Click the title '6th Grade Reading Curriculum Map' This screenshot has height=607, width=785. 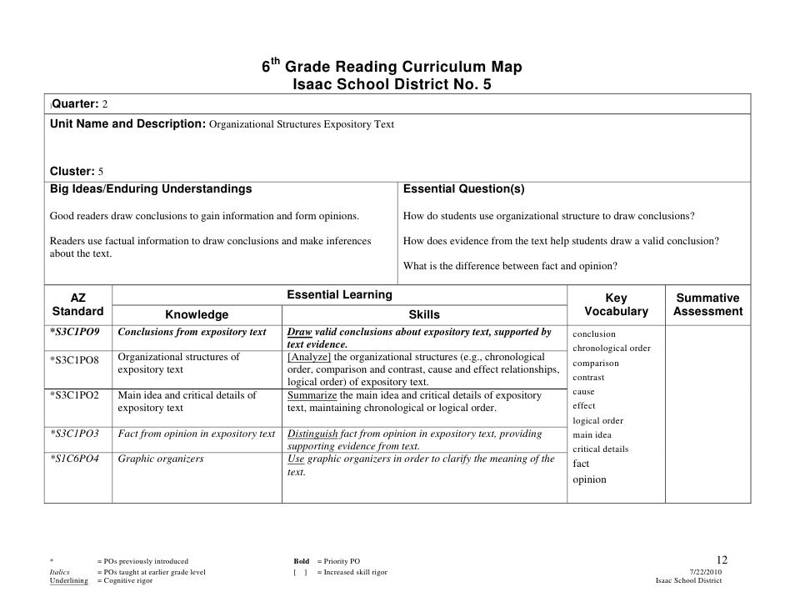point(392,67)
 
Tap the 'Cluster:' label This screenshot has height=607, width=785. point(67,172)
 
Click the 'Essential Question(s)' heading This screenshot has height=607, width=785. point(463,189)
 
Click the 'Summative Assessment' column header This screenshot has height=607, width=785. point(707,304)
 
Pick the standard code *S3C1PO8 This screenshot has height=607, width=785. point(75,359)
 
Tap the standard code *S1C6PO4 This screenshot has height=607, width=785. point(75,459)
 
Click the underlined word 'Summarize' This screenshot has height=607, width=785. point(313,395)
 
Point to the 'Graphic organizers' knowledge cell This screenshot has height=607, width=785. point(161,459)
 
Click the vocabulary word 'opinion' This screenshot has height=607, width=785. point(590,479)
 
